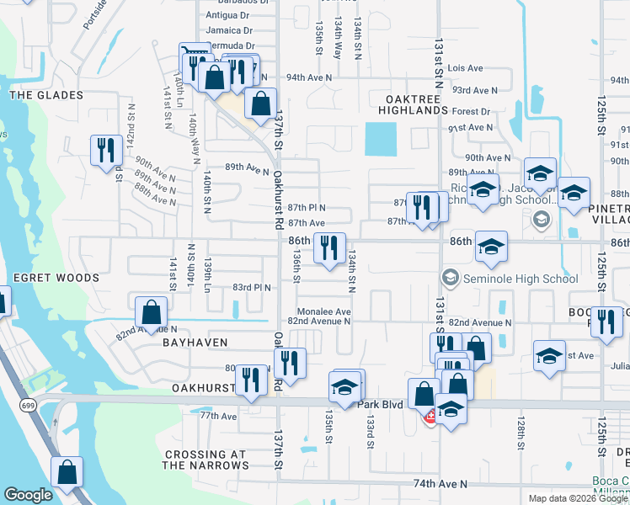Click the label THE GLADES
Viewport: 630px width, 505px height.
46,96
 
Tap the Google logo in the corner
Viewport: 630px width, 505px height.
28,495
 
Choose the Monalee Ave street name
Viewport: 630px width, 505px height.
319,311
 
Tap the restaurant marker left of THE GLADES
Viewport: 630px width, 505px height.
106,151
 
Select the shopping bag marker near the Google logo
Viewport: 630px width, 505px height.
67,472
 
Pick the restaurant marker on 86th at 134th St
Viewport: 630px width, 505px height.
328,247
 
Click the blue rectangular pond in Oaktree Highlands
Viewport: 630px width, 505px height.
380,139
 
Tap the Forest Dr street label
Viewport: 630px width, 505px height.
471,111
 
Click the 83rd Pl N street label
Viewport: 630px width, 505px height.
252,288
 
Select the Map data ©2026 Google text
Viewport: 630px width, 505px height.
578,498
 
